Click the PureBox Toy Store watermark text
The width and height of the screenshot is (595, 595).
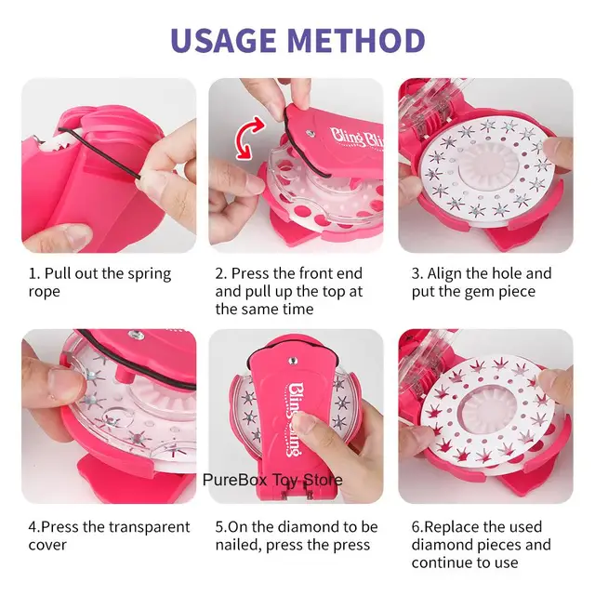pos(272,480)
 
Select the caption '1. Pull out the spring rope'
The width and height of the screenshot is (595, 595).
pos(99,282)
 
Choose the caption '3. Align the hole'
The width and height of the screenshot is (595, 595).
pos(482,282)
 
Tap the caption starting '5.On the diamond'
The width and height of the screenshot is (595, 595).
pos(297,535)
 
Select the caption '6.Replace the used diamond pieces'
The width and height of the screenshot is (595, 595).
pos(483,544)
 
